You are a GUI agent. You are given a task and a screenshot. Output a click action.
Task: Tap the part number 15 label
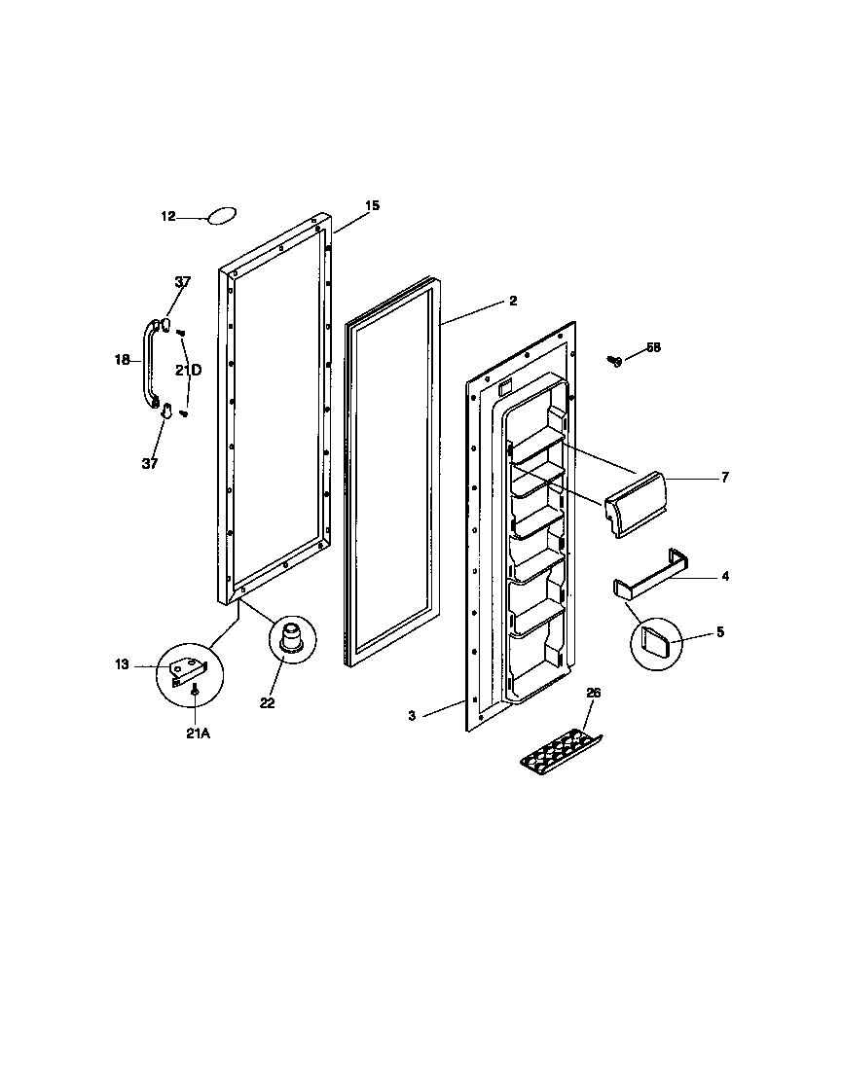pyautogui.click(x=372, y=205)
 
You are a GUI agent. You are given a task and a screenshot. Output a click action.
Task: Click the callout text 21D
pyautogui.click(x=189, y=370)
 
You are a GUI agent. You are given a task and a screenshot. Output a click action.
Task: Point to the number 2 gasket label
pyautogui.click(x=513, y=302)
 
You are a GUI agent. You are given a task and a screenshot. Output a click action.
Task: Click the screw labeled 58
pyautogui.click(x=613, y=361)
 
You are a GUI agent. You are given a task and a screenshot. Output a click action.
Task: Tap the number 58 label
pyautogui.click(x=652, y=347)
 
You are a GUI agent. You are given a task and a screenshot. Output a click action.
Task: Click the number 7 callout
pyautogui.click(x=724, y=478)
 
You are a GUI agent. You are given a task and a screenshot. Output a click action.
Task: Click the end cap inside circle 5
pyautogui.click(x=657, y=642)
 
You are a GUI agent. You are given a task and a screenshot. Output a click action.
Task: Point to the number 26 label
pyautogui.click(x=594, y=693)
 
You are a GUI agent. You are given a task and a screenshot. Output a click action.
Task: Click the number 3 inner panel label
pyautogui.click(x=412, y=716)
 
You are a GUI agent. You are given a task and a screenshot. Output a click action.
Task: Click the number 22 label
pyautogui.click(x=268, y=703)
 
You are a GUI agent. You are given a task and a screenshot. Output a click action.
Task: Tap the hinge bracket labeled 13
pyautogui.click(x=188, y=671)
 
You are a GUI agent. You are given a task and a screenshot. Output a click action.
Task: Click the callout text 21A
pyautogui.click(x=198, y=734)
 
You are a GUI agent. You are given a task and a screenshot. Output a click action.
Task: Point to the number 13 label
pyautogui.click(x=121, y=664)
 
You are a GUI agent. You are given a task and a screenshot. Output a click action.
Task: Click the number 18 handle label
pyautogui.click(x=122, y=359)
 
